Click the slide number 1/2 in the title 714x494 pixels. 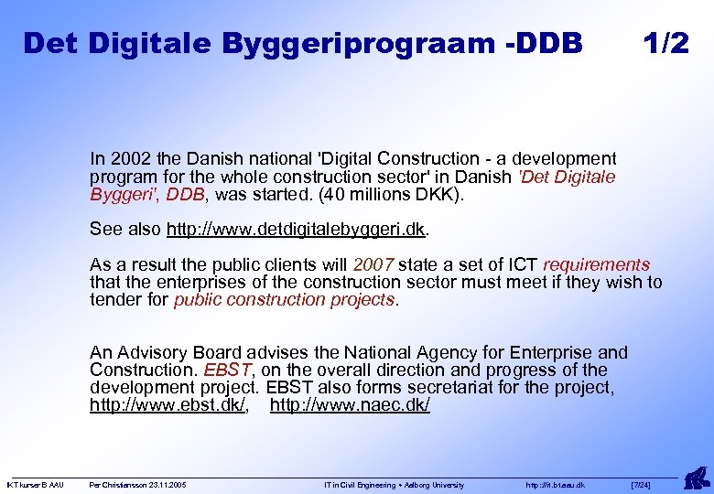665,43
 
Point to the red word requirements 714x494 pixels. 595,265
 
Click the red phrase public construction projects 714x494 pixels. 285,299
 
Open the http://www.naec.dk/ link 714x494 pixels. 350,404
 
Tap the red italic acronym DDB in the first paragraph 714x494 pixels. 186,194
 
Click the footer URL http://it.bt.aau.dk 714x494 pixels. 556,485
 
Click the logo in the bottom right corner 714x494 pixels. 696,477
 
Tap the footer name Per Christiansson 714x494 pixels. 116,485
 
